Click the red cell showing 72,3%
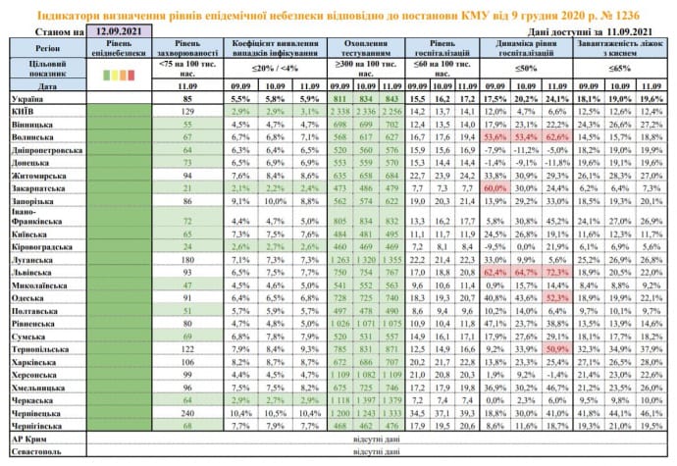point(585,270)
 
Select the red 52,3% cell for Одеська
point(585,295)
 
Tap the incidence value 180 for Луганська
point(190,257)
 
